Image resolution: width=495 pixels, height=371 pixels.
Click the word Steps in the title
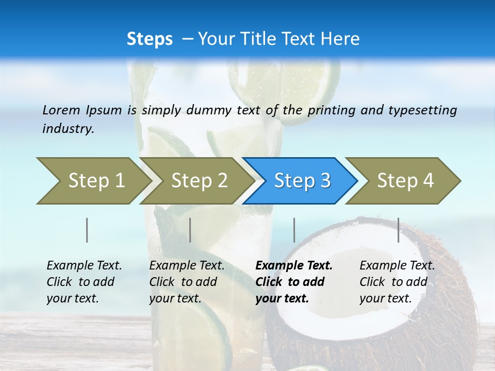click(x=150, y=39)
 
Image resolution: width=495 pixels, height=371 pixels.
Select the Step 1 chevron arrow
click(x=93, y=181)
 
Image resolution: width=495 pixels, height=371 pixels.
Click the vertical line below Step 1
click(x=87, y=230)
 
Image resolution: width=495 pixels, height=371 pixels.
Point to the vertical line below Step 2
click(x=190, y=230)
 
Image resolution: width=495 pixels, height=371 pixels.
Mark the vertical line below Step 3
click(x=294, y=230)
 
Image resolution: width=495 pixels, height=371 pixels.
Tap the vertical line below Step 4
click(x=398, y=230)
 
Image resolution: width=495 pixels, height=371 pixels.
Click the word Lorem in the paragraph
click(x=61, y=110)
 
